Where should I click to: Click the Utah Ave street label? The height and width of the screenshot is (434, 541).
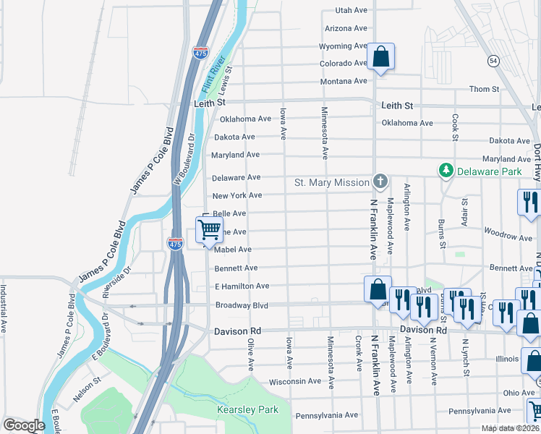(x=352, y=11)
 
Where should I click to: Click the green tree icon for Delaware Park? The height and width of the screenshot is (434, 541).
(x=446, y=170)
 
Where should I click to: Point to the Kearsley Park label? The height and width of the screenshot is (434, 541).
(x=248, y=409)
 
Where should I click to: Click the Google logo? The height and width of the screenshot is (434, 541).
(x=24, y=425)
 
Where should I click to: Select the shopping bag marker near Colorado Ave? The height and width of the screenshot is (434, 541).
(x=380, y=57)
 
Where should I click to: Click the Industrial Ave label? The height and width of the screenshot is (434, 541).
(x=4, y=308)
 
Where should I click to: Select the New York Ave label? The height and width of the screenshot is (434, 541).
(x=237, y=195)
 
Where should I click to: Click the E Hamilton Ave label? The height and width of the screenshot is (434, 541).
(x=242, y=286)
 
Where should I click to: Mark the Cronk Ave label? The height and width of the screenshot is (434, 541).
(x=358, y=353)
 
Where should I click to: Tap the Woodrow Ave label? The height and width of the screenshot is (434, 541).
(x=508, y=237)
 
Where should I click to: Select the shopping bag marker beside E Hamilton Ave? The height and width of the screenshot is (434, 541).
(x=378, y=289)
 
